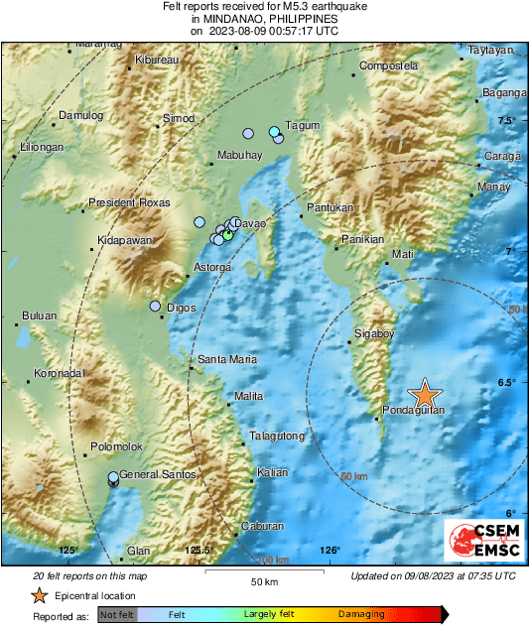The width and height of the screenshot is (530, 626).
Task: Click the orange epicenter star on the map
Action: click(x=424, y=393)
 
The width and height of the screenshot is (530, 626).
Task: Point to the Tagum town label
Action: click(x=302, y=126)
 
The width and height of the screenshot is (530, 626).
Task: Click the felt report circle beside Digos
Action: click(x=156, y=307)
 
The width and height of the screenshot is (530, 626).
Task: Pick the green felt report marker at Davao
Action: click(x=228, y=235)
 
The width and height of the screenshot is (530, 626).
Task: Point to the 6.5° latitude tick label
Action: click(x=507, y=383)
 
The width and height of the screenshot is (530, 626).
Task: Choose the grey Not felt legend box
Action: click(x=116, y=615)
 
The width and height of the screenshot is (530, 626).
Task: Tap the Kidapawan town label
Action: click(x=125, y=241)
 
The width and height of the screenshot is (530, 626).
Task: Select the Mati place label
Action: click(x=403, y=255)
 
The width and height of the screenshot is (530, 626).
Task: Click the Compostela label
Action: click(x=387, y=65)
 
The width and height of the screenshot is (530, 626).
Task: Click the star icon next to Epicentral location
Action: click(x=38, y=595)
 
